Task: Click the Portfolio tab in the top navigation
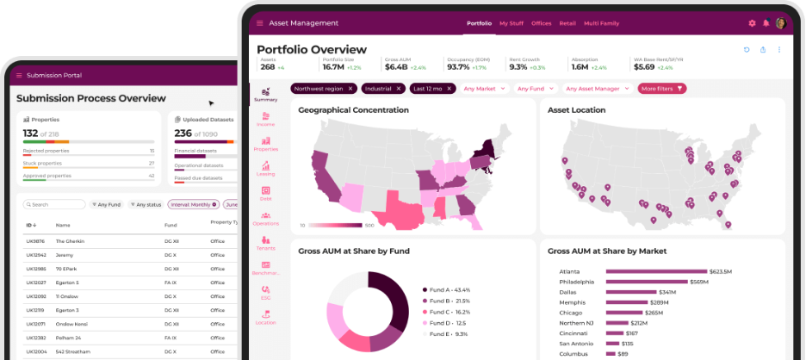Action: point(479,23)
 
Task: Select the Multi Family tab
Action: point(602,23)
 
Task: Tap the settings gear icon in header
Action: point(752,23)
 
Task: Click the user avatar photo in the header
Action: point(781,23)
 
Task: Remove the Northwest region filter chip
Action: point(350,89)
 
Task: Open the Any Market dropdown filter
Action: point(485,89)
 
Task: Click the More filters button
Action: point(661,89)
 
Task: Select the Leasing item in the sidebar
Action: point(266,168)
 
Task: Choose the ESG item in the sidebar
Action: point(266,292)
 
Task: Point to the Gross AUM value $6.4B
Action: point(396,66)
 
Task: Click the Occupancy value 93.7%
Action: point(458,66)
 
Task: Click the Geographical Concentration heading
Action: point(353,110)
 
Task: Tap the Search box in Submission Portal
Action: point(53,205)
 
